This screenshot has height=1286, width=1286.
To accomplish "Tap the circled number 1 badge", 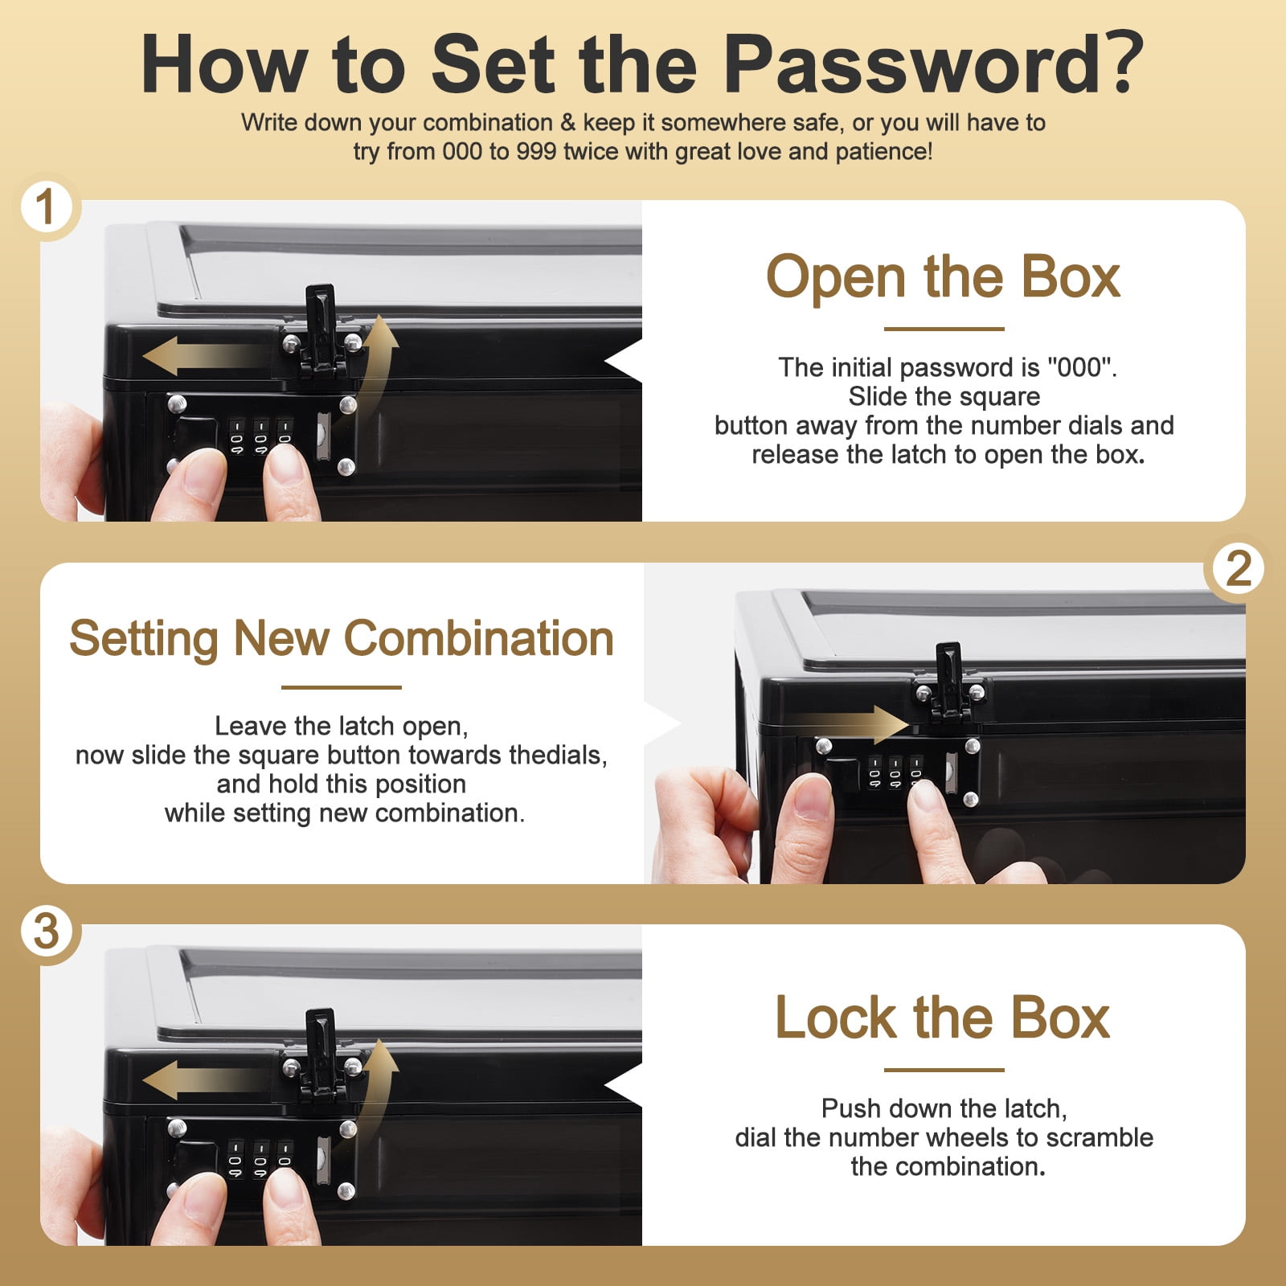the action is coord(46,207).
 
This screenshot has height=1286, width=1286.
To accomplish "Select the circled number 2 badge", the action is coord(1238,569).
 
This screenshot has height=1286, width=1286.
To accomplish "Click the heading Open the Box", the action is coord(944,276).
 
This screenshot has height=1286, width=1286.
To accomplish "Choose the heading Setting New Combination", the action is coord(342,640).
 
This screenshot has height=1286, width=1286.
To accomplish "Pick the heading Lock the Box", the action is coord(943,1018).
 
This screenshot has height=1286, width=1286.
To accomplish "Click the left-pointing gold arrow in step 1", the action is coord(205,356).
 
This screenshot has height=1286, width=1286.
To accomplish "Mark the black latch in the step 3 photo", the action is coord(321,1055).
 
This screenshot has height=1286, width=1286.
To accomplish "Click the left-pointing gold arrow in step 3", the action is coord(205,1079).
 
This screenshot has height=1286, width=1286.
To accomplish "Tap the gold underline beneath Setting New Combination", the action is coord(342,687).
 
